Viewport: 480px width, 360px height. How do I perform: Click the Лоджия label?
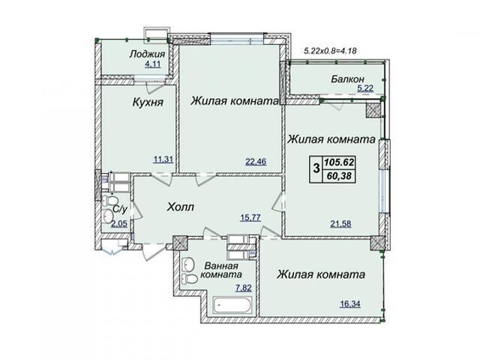tap(147, 55)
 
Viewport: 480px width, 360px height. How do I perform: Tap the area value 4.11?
tap(152, 64)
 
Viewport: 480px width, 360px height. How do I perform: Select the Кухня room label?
tap(148, 102)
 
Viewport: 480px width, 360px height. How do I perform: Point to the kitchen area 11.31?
tap(163, 160)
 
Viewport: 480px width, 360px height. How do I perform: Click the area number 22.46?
tap(256, 161)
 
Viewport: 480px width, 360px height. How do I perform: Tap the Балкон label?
tap(347, 79)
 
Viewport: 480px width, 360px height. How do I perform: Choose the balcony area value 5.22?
tap(365, 88)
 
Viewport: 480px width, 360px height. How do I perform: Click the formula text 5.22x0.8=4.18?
tap(330, 51)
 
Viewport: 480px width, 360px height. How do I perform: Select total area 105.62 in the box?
tap(339, 162)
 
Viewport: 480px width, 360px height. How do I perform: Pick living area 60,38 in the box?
tap(339, 175)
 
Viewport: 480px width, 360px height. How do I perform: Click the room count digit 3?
tap(316, 168)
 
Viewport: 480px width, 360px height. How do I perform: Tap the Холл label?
tap(181, 207)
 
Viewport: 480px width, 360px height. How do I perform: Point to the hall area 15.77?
tap(250, 217)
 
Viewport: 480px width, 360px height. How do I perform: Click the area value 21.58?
tap(340, 223)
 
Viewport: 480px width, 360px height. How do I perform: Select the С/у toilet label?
tap(120, 209)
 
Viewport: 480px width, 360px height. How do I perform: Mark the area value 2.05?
tap(119, 224)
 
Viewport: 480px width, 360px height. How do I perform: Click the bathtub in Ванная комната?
tap(232, 305)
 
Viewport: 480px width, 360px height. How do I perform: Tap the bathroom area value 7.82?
tap(243, 288)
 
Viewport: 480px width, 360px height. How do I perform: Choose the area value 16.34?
tap(350, 304)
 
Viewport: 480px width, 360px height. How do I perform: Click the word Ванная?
tap(221, 265)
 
